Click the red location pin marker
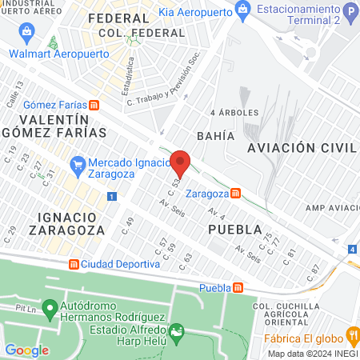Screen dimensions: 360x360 (181, 164)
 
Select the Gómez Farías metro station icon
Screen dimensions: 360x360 (94, 104)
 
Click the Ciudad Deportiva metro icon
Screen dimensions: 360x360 (73, 264)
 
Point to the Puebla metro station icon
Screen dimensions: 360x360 (238, 288)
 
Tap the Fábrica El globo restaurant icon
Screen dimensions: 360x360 (350, 334)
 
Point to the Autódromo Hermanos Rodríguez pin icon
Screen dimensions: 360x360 (50, 307)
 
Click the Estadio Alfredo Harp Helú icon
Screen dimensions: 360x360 (177, 330)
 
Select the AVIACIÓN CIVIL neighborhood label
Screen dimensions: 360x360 (301, 148)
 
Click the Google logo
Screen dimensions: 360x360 (26, 350)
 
